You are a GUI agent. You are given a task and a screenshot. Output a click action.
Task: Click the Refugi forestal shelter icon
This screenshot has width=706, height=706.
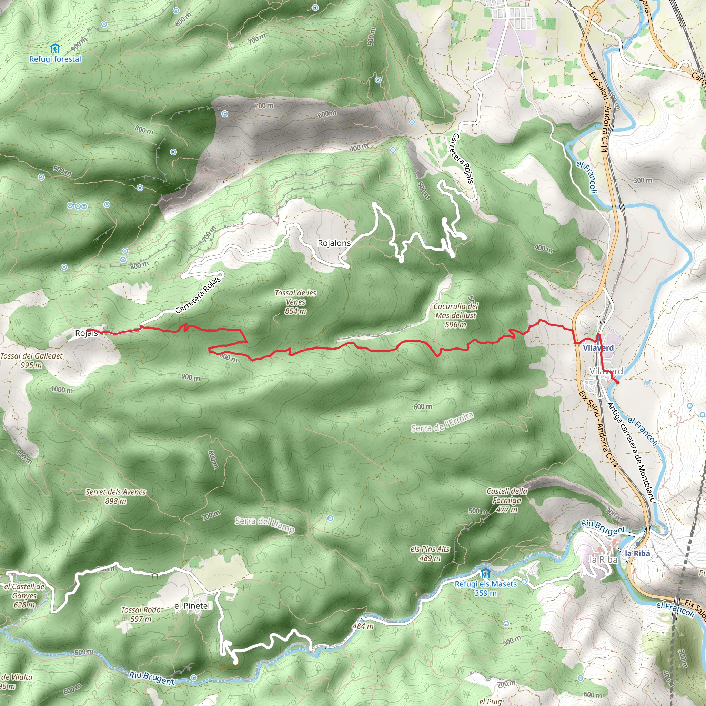coord(55,48)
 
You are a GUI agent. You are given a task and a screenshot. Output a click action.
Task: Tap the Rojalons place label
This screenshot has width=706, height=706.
coord(334,243)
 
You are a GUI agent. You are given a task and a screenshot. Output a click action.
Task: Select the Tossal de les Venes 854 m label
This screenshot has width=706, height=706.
coord(295,302)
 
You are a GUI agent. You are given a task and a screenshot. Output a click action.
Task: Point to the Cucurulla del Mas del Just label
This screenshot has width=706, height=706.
coord(456,315)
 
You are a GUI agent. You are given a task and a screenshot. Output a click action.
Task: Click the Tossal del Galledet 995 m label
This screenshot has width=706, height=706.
coord(31,360)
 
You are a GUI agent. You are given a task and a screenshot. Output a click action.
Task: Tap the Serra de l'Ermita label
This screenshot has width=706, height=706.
coord(442,422)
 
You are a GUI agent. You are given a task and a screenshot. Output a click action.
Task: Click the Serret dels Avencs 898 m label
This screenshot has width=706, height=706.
coord(115,496)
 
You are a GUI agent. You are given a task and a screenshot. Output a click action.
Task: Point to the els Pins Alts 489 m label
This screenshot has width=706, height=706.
coord(430,553)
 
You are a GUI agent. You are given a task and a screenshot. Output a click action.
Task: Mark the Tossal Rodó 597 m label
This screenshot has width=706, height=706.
coord(141,614)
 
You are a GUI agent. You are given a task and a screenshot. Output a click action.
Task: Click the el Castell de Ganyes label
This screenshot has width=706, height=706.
coord(24,596)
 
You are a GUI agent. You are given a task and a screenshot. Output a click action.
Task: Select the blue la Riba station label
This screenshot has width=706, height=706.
coord(637,554)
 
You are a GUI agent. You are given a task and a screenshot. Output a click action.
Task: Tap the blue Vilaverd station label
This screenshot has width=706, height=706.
coord(598,348)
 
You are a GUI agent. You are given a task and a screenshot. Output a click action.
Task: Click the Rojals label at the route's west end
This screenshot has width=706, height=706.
coord(86,333)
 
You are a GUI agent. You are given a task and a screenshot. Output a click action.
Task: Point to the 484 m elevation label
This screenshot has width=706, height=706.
coord(363,626)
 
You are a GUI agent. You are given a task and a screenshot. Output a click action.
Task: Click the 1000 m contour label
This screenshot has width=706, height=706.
coord(62,390)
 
